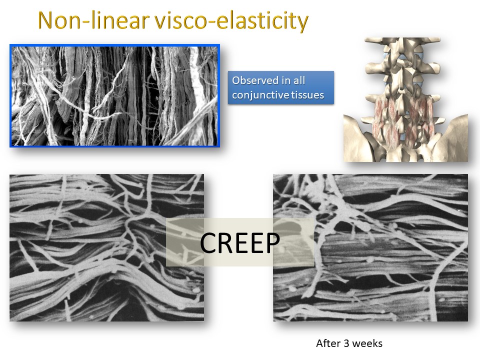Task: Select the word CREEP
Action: [x=239, y=243]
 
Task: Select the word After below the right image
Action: [x=327, y=343]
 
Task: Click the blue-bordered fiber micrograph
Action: [x=114, y=96]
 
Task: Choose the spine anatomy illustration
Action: [x=405, y=99]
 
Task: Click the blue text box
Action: [x=281, y=87]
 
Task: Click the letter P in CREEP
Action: [x=271, y=243]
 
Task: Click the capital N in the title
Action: [x=46, y=21]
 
